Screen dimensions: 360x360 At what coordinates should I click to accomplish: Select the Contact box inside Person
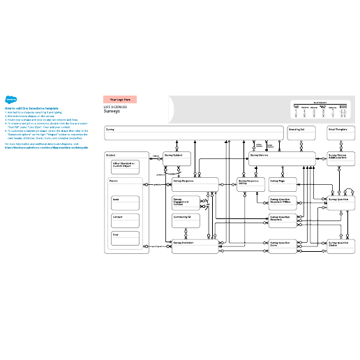coord(126,220)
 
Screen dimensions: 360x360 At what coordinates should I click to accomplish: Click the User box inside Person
coord(126,239)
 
